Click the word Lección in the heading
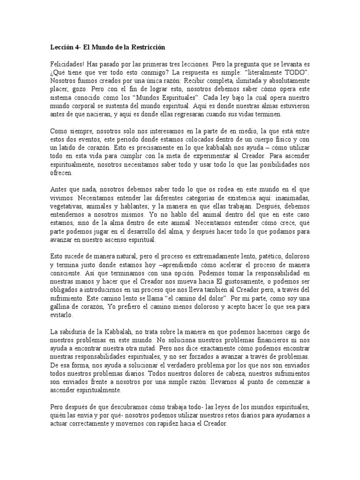[61, 48]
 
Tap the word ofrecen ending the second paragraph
[61, 172]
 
